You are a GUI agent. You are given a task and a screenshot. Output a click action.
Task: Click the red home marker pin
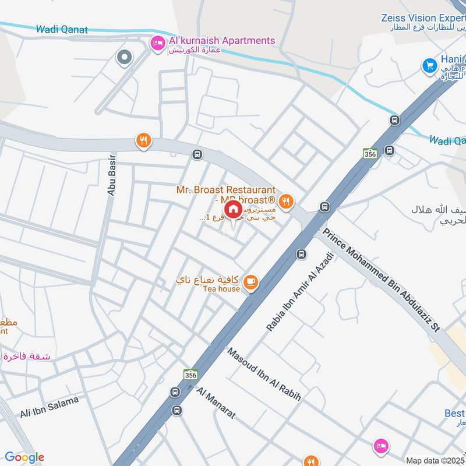233,210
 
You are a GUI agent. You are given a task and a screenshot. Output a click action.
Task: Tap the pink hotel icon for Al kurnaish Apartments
157,43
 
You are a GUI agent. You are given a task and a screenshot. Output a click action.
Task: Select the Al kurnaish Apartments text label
221,40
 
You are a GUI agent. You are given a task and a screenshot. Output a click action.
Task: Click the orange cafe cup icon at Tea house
250,282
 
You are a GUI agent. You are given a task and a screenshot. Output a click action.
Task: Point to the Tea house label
222,289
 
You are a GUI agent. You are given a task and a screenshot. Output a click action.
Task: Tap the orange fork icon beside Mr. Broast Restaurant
285,202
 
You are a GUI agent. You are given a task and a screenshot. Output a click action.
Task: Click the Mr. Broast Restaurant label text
226,190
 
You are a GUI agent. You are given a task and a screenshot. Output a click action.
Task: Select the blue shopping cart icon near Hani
430,66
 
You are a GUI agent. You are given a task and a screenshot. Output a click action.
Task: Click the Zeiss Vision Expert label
423,18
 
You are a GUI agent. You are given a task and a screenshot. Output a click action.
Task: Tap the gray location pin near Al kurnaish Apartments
123,57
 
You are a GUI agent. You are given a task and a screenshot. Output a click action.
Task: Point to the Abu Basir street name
111,174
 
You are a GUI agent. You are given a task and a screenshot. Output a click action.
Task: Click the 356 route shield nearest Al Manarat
190,374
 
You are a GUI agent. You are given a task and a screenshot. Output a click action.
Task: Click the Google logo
24,457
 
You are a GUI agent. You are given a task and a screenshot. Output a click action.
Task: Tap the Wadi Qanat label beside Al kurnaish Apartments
62,29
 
